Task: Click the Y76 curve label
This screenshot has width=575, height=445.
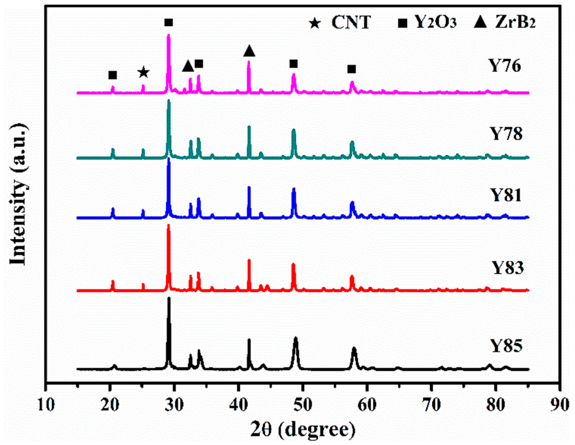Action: (505, 66)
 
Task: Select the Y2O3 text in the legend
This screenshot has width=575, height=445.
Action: (435, 22)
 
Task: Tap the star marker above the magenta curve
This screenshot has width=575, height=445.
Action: (143, 73)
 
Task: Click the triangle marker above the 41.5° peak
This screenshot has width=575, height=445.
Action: (249, 51)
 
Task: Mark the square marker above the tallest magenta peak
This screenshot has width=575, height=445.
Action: (168, 23)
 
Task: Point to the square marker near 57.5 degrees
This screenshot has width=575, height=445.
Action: (351, 69)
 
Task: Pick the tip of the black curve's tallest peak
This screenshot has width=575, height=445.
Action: (169, 298)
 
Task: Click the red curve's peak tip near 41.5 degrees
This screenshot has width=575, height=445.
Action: (249, 260)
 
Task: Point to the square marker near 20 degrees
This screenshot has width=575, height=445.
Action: (112, 75)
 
